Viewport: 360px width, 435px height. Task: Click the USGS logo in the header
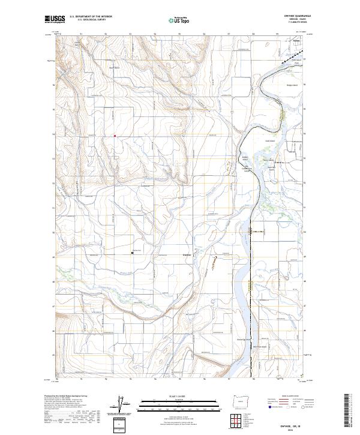[x=55, y=19]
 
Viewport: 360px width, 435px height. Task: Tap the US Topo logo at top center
[x=180, y=19]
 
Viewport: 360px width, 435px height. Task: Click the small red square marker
[x=115, y=136]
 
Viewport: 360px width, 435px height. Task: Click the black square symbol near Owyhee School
[x=133, y=253]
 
